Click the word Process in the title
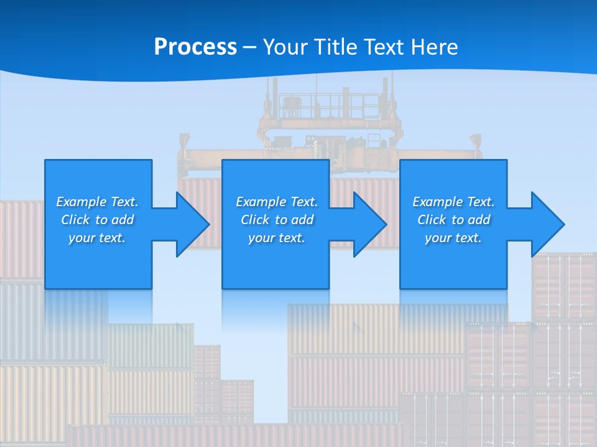pyautogui.click(x=195, y=47)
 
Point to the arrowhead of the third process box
pyautogui.click(x=546, y=224)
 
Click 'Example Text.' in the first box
pyautogui.click(x=97, y=202)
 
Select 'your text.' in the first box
pyautogui.click(x=97, y=238)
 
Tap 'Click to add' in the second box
pyautogui.click(x=277, y=220)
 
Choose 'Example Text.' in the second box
pyautogui.click(x=277, y=202)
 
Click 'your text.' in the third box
pyautogui.click(x=453, y=238)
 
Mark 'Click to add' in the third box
pyautogui.click(x=453, y=220)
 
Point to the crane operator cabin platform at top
pyautogui.click(x=330, y=106)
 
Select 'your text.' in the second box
pyautogui.click(x=277, y=238)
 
